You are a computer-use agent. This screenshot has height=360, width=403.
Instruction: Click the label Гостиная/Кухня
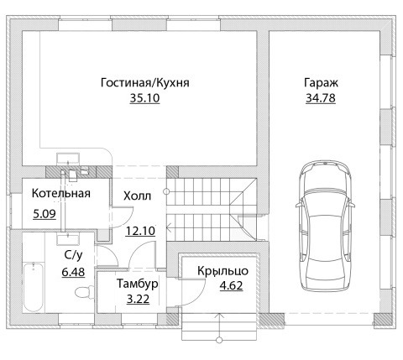click(145, 83)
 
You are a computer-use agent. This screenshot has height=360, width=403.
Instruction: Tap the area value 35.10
click(144, 98)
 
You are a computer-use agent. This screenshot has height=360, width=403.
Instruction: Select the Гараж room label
click(321, 83)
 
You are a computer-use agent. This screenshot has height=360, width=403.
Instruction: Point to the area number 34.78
click(321, 98)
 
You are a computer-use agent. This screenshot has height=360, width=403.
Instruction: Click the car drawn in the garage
click(325, 226)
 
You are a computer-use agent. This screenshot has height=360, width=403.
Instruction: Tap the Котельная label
click(61, 193)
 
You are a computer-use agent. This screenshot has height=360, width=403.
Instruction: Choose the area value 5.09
click(44, 214)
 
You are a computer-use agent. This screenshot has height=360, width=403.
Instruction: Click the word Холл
click(137, 196)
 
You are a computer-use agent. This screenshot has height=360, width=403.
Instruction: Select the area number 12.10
click(140, 231)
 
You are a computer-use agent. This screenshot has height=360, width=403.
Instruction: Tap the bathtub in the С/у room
click(33, 287)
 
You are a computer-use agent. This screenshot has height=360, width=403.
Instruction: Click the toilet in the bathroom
click(84, 293)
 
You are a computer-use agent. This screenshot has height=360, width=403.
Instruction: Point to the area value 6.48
click(73, 272)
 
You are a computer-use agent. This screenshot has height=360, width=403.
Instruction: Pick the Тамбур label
click(138, 284)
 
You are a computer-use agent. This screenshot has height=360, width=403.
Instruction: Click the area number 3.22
click(138, 300)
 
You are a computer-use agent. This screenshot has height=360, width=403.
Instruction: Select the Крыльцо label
click(222, 271)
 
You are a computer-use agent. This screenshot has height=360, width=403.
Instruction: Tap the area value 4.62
click(231, 286)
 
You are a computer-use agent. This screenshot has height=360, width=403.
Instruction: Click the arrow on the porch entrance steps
click(219, 327)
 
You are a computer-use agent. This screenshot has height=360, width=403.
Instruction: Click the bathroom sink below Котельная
click(68, 239)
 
